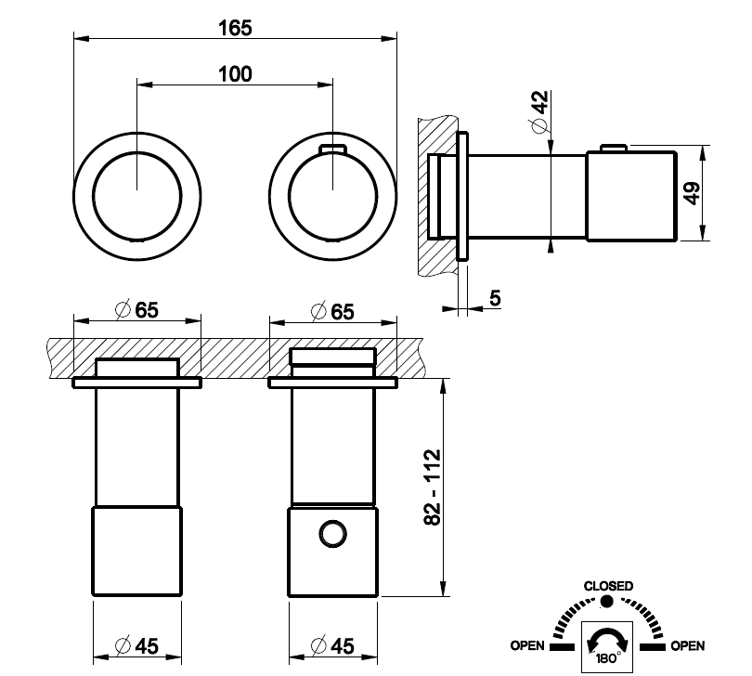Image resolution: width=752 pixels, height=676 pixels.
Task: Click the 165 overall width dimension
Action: pos(235,28)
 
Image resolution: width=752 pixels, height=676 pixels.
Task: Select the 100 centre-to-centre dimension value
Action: pos(235,74)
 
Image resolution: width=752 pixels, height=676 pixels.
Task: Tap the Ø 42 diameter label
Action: pos(540,110)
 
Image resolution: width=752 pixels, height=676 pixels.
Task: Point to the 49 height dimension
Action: pos(692,193)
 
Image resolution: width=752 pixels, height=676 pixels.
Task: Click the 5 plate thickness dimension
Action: pos(495,298)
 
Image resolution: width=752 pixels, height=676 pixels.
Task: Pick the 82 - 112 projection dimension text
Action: pos(433,487)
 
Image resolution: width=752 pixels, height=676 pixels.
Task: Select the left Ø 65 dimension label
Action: pos(137,310)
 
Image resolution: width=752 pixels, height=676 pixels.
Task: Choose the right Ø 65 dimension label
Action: pos(333,311)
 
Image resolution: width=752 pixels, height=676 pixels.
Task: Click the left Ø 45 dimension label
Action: pos(137,645)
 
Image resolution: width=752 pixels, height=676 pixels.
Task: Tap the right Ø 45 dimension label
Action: pos(333,645)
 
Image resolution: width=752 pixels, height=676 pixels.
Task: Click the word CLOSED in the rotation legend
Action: pos(608,586)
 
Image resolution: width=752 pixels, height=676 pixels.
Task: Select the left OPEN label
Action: pos(527,645)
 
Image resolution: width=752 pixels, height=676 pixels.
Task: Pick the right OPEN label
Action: pos(688,645)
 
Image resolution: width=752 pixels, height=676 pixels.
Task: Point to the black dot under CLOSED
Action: pos(606,601)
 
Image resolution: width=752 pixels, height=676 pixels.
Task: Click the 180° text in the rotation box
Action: pos(608,657)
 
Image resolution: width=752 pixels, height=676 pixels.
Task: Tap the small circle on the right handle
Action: pos(333,534)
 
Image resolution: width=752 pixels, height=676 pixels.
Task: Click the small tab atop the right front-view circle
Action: pos(333,149)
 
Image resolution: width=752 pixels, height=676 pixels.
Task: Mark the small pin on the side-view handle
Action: pos(614,148)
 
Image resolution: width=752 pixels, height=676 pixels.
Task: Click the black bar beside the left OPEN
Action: pos(562,647)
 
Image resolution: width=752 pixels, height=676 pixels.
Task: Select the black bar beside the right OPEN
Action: pos(653,647)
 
